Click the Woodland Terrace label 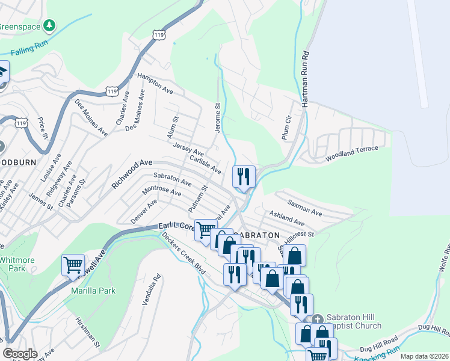[x=353, y=153]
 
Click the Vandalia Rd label [x=152, y=291]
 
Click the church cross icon [x=317, y=318]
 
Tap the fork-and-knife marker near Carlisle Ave [x=244, y=176]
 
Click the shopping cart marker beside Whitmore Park [x=73, y=265]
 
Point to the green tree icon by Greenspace [x=51, y=26]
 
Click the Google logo [x=20, y=353]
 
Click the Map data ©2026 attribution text [x=424, y=356]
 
